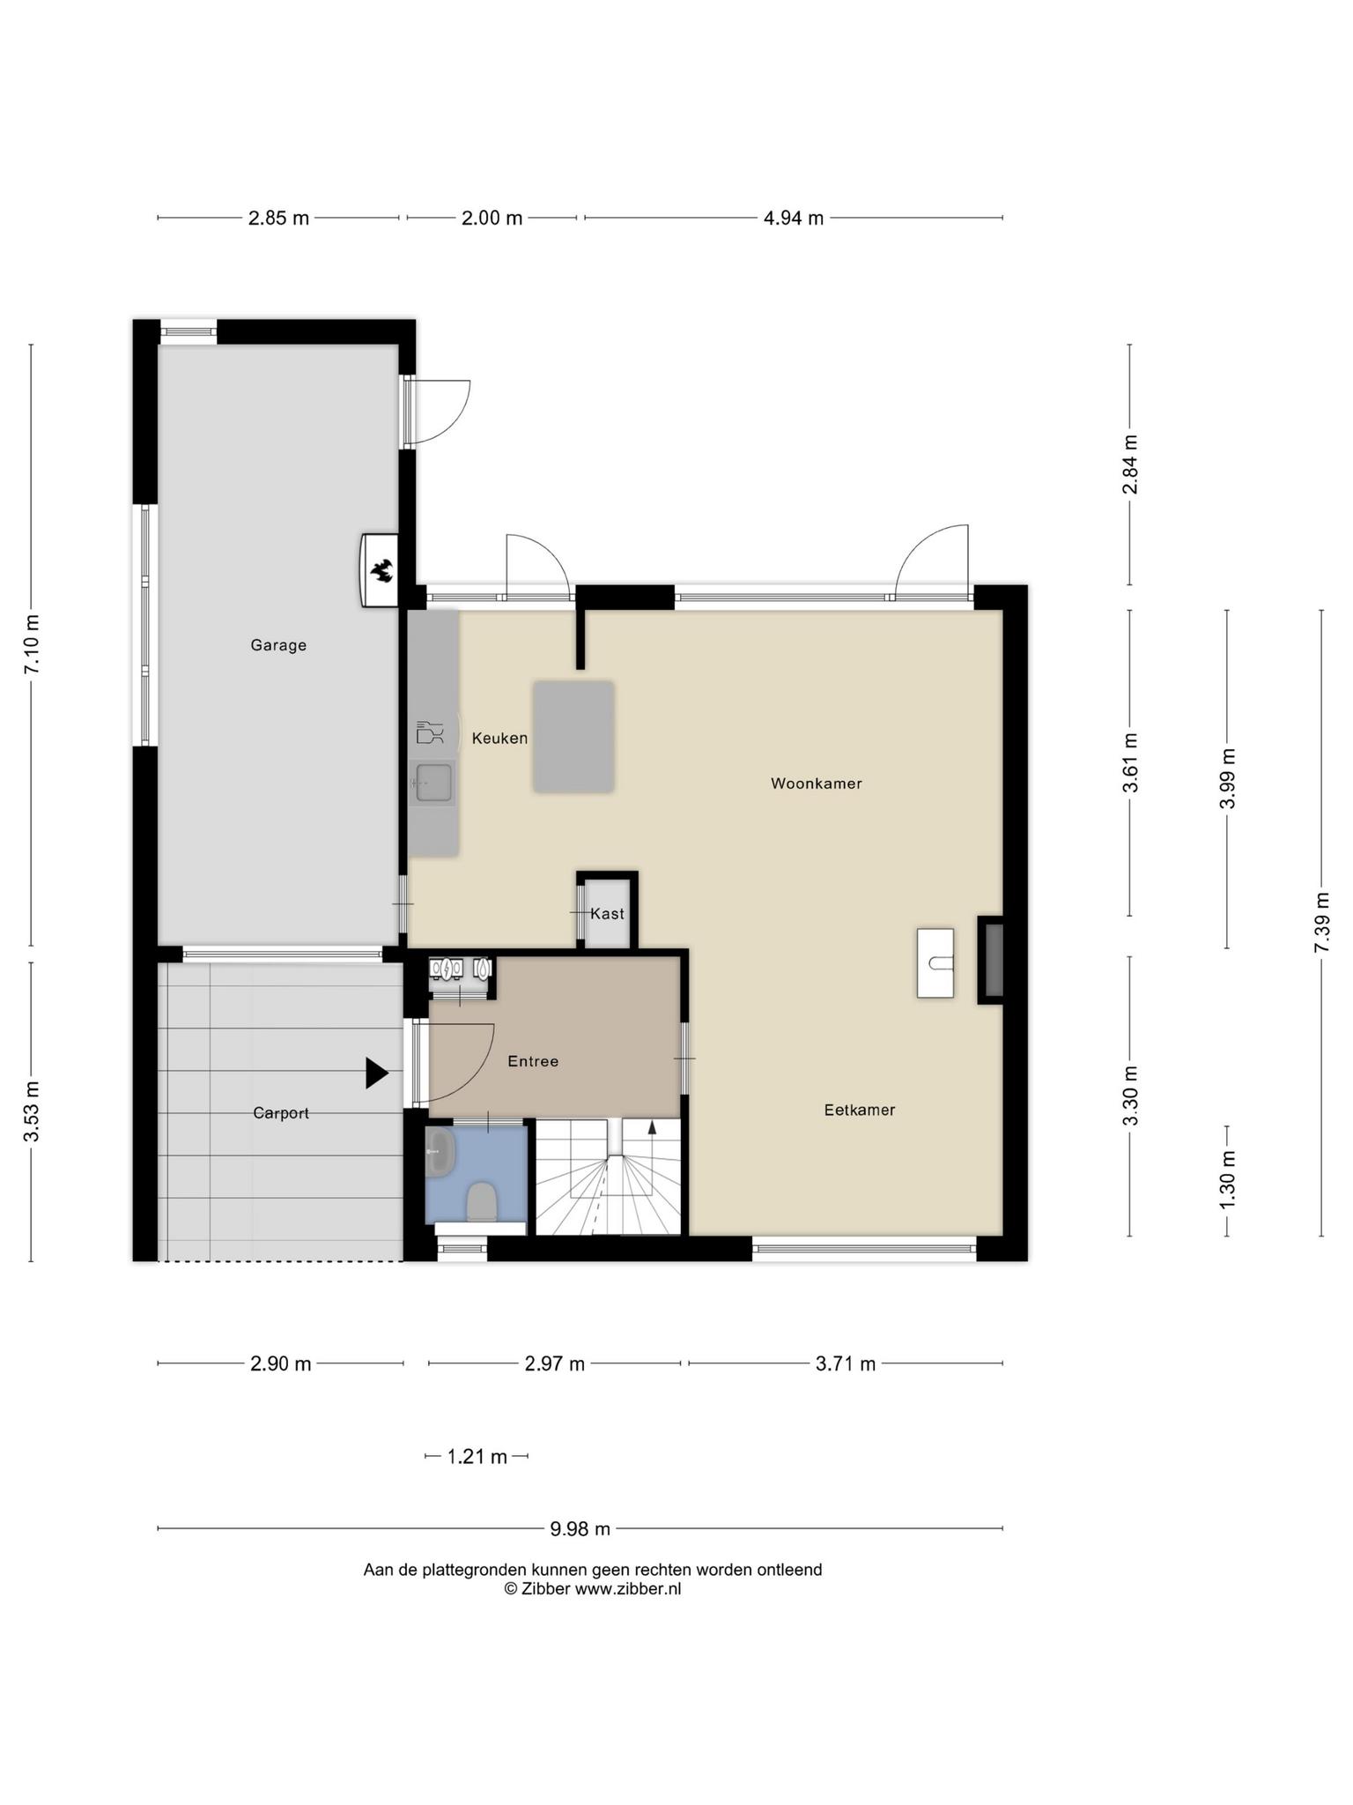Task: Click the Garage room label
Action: click(x=278, y=645)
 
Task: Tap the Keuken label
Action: click(x=499, y=739)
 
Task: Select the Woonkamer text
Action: click(x=817, y=784)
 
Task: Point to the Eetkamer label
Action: click(x=860, y=1110)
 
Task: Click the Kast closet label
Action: click(x=607, y=914)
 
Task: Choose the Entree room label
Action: click(x=533, y=1062)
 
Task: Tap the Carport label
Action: click(x=281, y=1114)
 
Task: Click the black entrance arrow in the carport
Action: click(x=377, y=1073)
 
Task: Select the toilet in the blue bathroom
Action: click(x=482, y=1201)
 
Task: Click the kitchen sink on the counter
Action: click(x=433, y=783)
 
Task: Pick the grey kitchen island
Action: click(x=573, y=737)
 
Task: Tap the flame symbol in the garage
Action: click(x=382, y=571)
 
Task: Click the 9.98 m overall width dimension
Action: click(x=580, y=1528)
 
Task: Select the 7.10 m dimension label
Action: click(x=32, y=644)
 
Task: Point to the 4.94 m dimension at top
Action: click(x=794, y=218)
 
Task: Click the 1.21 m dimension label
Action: click(x=477, y=1457)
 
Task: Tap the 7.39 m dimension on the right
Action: click(x=1322, y=922)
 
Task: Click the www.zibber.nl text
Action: click(x=628, y=1589)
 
